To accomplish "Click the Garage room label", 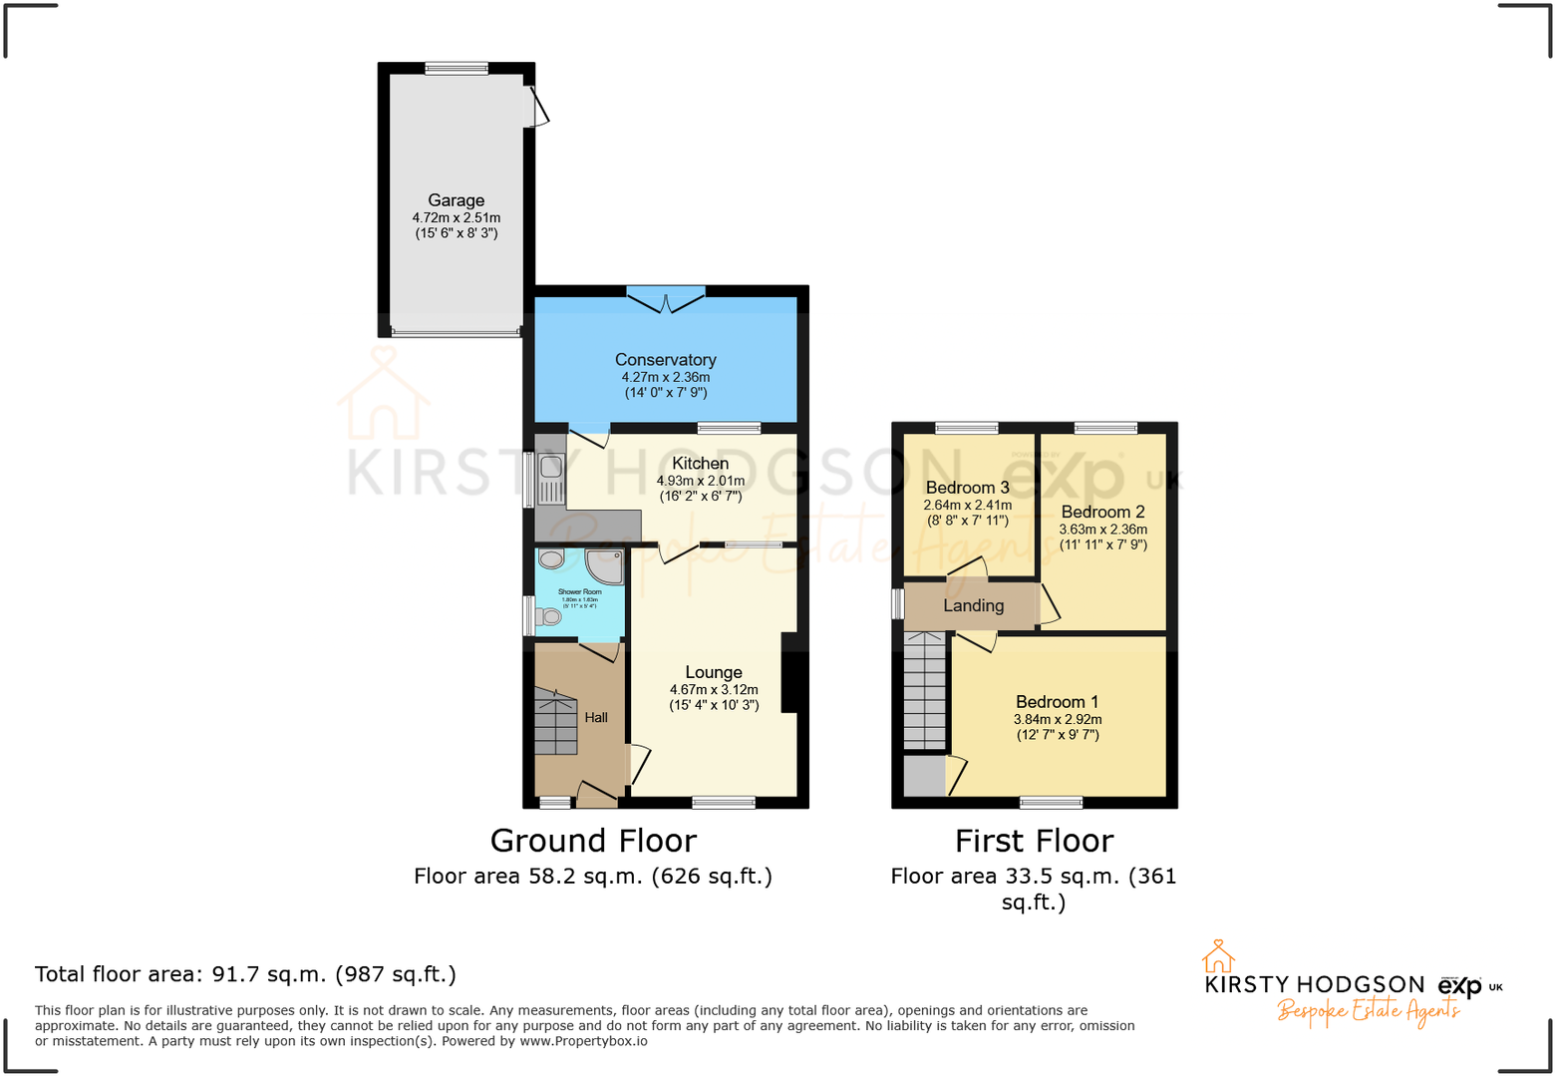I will (x=456, y=200).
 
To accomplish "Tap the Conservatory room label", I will (x=665, y=360).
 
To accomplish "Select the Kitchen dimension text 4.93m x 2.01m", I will (x=700, y=481).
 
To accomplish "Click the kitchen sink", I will (x=550, y=478).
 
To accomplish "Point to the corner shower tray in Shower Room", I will (x=604, y=565).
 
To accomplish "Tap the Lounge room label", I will (x=713, y=673).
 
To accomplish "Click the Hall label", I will (x=596, y=718).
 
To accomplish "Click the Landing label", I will (x=973, y=606).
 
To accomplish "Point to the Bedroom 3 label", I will (x=967, y=488).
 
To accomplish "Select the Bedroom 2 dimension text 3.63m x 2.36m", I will (x=1102, y=530).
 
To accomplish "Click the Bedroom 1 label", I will (x=1057, y=702).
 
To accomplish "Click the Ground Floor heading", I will (x=593, y=842).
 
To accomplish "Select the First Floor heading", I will (x=1034, y=842).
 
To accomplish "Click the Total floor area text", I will (x=245, y=974).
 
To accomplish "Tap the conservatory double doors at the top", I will (x=666, y=296).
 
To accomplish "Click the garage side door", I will (x=536, y=107).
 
